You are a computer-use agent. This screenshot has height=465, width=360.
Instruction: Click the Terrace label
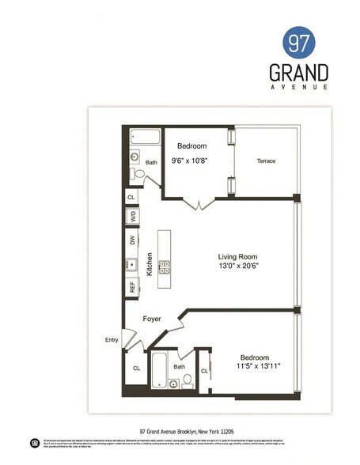click(x=266, y=161)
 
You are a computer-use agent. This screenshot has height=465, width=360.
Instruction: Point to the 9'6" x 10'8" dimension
click(x=192, y=162)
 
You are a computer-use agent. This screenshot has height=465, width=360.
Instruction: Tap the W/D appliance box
click(x=131, y=215)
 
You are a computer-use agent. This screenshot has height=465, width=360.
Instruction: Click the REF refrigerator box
click(x=131, y=287)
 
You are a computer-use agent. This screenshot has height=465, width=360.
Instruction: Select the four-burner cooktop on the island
click(x=165, y=267)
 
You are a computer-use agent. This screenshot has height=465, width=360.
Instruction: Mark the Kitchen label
click(x=148, y=263)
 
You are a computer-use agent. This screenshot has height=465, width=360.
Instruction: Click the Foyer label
click(x=152, y=319)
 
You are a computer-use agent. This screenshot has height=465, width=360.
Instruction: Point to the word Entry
click(x=112, y=341)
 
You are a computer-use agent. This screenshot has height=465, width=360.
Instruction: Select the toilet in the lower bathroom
click(x=188, y=380)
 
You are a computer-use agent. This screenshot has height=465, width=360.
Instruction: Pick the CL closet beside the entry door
click(x=135, y=368)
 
